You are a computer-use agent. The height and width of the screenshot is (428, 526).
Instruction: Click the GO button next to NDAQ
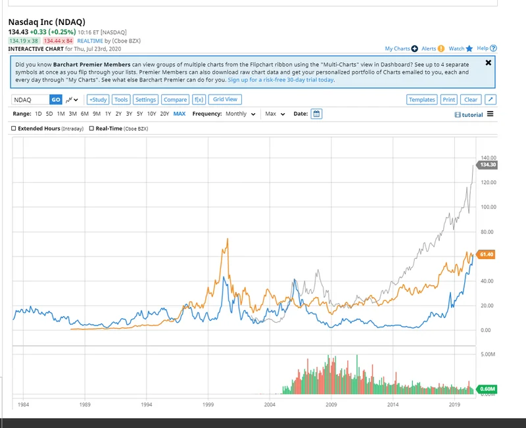click(56, 100)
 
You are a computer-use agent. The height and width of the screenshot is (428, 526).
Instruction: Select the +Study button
click(97, 100)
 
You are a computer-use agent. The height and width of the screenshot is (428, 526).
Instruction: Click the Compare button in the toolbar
click(175, 100)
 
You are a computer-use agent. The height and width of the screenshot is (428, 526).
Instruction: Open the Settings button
click(145, 100)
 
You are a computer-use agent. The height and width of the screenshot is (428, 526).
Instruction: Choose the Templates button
click(421, 100)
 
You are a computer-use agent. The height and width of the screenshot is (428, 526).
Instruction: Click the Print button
click(448, 100)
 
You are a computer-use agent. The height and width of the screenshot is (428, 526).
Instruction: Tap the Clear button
click(470, 100)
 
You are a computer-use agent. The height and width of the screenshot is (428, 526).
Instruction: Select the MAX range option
click(179, 114)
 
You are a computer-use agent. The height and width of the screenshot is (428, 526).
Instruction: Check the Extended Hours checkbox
click(14, 128)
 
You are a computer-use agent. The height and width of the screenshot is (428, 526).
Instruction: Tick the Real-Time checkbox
click(91, 128)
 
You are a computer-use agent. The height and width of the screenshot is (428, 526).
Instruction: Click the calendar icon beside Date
click(316, 114)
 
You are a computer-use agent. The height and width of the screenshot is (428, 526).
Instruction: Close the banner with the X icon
click(488, 63)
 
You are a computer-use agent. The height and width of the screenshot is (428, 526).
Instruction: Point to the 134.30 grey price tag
click(487, 164)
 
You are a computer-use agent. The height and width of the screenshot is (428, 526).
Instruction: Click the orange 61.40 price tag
click(487, 254)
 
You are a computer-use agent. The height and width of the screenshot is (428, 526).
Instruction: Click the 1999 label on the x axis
click(208, 405)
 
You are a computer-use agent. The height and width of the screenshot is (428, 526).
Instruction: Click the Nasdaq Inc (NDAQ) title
click(47, 22)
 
